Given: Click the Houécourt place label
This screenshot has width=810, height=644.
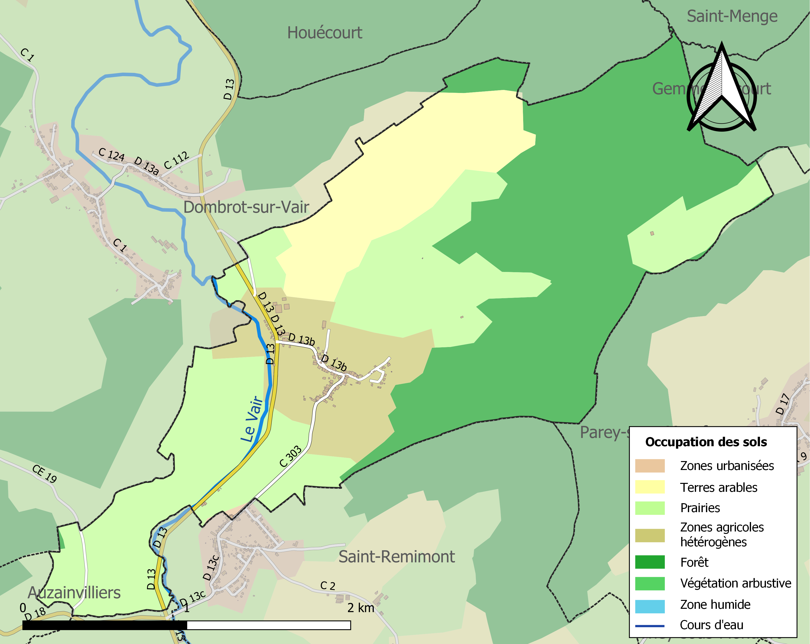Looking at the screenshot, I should (324, 33).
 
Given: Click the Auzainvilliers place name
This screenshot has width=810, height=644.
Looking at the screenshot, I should (74, 593).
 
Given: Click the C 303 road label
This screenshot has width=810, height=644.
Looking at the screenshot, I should (290, 456).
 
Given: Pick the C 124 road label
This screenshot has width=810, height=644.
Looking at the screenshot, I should (111, 154).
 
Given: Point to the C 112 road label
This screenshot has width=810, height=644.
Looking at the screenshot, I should (176, 161).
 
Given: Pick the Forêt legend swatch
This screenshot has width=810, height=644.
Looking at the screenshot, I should (649, 562).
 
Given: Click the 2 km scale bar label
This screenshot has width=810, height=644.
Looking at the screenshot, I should (361, 608).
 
